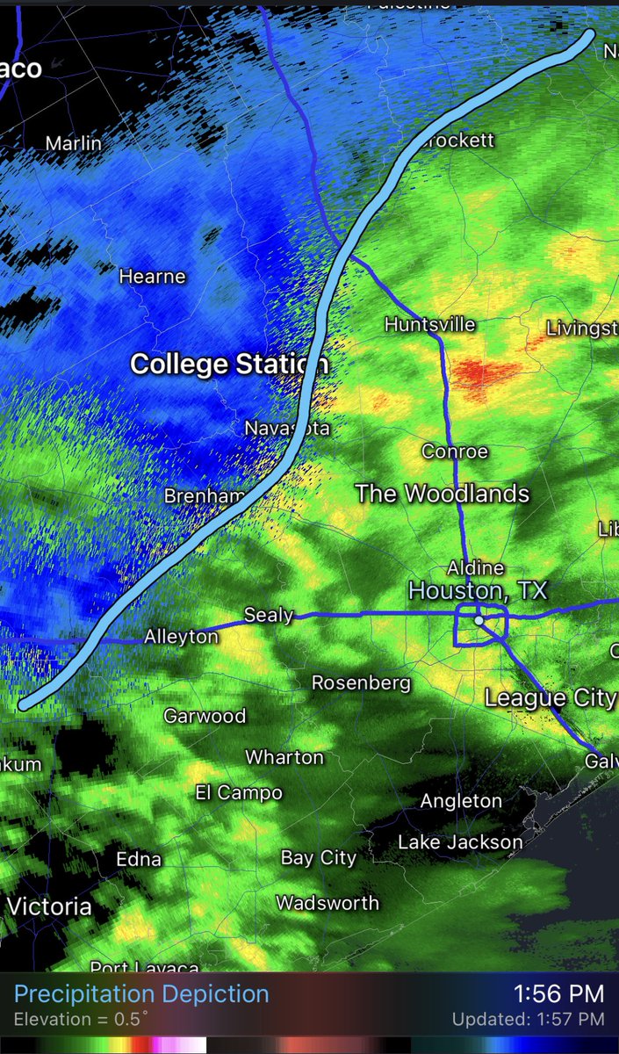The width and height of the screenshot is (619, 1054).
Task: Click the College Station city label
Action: [229, 364]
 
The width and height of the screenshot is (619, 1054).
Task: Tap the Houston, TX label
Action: [478, 590]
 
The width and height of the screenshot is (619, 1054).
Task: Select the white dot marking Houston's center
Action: [479, 620]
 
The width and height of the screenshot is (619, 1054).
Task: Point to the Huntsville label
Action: [429, 325]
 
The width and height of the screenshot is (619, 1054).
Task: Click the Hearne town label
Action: [153, 277]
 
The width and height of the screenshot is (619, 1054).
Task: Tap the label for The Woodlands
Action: [442, 494]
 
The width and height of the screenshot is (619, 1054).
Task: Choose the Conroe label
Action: [454, 451]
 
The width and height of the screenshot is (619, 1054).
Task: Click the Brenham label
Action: [204, 496]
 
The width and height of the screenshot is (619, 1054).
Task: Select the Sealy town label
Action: [268, 615]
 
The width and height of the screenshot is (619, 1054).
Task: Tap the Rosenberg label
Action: [361, 682]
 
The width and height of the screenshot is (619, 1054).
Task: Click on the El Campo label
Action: [238, 793]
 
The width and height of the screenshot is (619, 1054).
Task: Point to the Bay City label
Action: [318, 857]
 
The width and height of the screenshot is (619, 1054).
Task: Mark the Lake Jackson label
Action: [460, 842]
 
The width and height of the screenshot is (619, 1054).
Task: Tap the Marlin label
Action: [73, 143]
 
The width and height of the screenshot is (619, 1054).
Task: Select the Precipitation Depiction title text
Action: [141, 994]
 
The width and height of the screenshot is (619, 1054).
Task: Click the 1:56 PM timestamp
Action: [558, 994]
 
